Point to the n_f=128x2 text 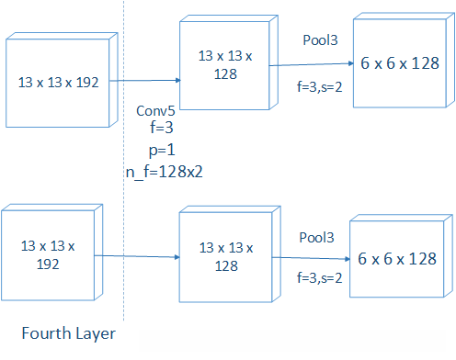164,171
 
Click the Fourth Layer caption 69,332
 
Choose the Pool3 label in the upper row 320,41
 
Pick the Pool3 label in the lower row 316,238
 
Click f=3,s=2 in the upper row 321,91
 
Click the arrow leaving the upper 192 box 146,81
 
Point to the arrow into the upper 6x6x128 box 313,64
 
